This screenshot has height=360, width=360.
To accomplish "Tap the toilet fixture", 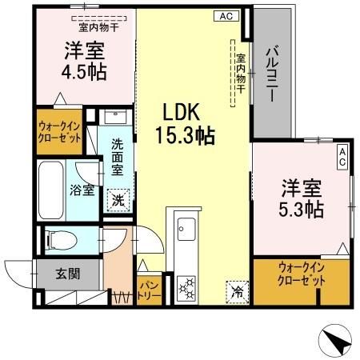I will click(x=61, y=238).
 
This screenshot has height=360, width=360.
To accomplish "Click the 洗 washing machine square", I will click(x=118, y=200).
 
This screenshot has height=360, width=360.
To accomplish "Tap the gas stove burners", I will click(x=186, y=288).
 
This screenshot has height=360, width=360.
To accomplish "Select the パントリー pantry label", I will click(x=149, y=290).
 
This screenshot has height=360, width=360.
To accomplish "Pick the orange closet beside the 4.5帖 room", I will click(x=61, y=131).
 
